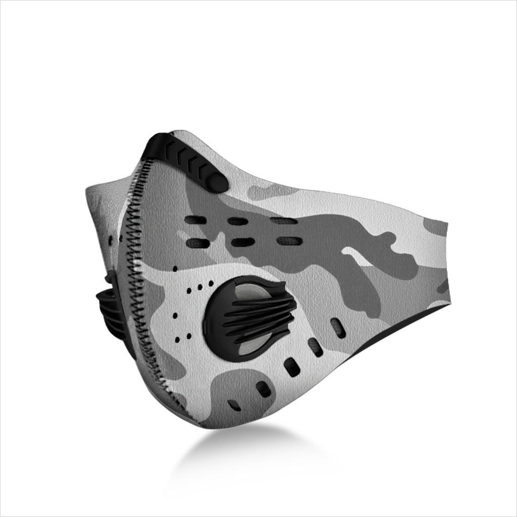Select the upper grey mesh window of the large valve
[x=247, y=290]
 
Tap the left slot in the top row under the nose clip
[x=195, y=220]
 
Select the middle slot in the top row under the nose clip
[x=237, y=221]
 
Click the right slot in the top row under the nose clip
[x=283, y=221]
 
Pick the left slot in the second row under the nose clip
[x=197, y=243]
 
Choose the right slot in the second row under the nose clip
[x=289, y=241]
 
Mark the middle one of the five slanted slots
[x=292, y=367]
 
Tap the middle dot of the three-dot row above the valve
[x=200, y=287]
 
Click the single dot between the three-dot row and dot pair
[x=175, y=316]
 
